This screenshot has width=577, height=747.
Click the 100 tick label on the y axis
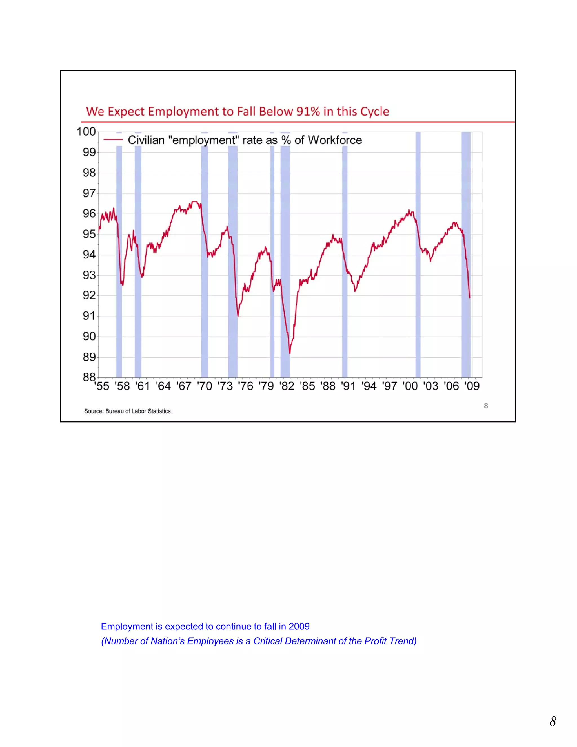(86, 132)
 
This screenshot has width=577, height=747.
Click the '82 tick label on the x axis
(287, 386)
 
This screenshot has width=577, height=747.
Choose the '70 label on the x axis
(205, 386)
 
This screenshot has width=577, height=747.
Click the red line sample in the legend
(113, 140)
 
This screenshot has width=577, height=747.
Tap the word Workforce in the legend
(335, 140)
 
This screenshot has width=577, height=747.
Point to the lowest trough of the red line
(290, 353)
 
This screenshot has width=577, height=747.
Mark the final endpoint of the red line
(469, 298)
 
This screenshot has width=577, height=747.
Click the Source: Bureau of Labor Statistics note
(128, 411)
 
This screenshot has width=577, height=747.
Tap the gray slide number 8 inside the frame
(486, 406)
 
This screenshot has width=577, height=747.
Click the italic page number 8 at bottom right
(553, 721)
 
